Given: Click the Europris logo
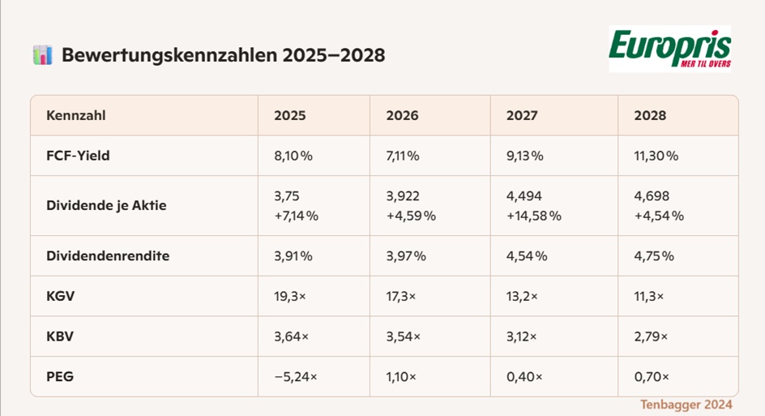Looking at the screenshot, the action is point(670,49).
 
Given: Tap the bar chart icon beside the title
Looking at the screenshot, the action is point(42,55).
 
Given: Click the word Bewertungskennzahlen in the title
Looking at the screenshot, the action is point(169,55).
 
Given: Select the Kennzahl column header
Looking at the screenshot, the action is point(75,116).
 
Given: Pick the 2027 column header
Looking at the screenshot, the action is point(522,116).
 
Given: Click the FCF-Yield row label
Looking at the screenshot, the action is point(78,156).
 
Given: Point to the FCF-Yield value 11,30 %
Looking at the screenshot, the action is point(656,156).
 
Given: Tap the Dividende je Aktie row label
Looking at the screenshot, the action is point(106,205).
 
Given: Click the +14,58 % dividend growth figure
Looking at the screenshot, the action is point(534,216).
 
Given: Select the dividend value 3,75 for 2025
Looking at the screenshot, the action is point(286,196).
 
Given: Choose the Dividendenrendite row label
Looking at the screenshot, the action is point(108,256).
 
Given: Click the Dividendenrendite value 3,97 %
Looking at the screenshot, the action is point(406,256).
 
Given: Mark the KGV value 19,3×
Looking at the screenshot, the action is point(290,296).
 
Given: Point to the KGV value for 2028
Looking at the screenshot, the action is point(649,296).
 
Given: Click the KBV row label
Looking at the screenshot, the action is point(60,337).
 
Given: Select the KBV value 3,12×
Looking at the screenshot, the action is point(522,337).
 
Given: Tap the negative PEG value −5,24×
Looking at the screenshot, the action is point(296,377).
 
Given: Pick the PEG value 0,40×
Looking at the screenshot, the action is point(524,377).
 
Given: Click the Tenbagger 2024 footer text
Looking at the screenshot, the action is point(686,405).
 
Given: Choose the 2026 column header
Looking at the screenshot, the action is point(402,116).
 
